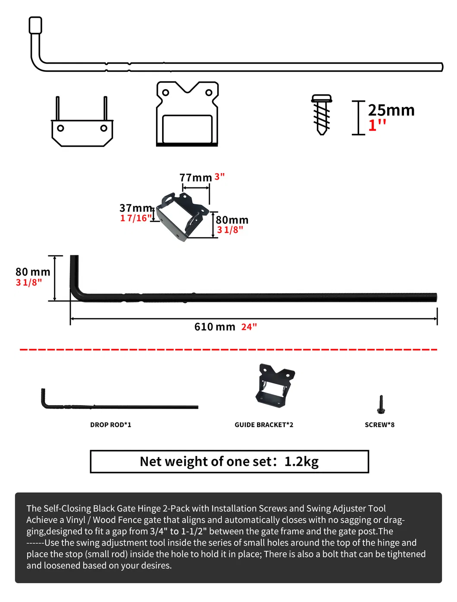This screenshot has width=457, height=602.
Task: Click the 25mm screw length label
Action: [391, 110]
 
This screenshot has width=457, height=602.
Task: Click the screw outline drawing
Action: [322, 115]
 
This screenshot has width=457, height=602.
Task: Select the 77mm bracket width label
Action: [195, 177]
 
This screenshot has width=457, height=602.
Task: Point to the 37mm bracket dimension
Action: [135, 208]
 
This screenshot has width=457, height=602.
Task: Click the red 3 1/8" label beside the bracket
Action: [230, 230]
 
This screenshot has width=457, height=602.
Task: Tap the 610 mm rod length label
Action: [214, 327]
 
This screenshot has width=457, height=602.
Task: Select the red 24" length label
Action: [249, 327]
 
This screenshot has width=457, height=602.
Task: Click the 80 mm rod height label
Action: [33, 272]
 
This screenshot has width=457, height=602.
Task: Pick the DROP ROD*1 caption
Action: [110, 425]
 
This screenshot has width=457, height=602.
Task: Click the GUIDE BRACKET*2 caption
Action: [264, 425]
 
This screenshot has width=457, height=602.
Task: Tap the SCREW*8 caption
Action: [379, 425]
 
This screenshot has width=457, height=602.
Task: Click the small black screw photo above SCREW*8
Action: [381, 404]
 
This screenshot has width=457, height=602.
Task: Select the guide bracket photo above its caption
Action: [274, 385]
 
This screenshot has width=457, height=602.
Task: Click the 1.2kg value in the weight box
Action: [301, 462]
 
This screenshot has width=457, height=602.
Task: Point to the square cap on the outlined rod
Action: [35, 25]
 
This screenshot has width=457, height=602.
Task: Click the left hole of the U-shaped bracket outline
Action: [61, 128]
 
